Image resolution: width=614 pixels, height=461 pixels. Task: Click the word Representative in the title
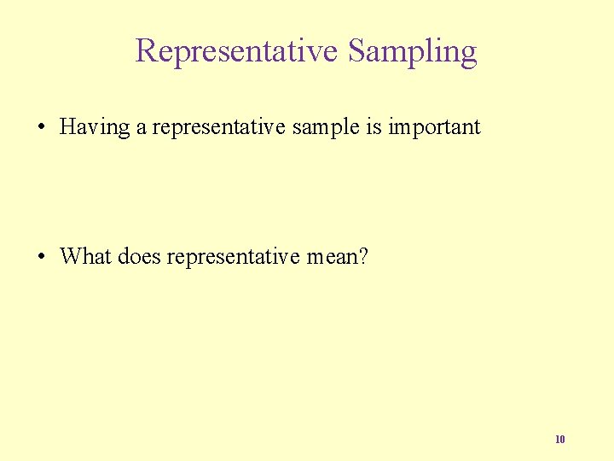(x=236, y=51)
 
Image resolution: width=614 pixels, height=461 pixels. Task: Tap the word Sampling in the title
(x=412, y=51)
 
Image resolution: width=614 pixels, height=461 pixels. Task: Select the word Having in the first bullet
(x=94, y=128)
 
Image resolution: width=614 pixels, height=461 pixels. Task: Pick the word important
(x=434, y=128)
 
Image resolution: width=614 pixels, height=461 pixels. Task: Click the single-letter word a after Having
(x=141, y=128)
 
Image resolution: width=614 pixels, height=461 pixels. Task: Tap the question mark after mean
(x=363, y=256)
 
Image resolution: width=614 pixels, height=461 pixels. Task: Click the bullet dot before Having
(x=41, y=128)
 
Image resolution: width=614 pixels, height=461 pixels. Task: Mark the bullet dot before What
(x=41, y=256)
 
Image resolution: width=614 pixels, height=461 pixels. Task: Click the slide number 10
(x=559, y=440)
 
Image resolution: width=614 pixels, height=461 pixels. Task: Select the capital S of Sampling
(x=357, y=51)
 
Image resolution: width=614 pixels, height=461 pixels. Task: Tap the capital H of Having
(x=69, y=127)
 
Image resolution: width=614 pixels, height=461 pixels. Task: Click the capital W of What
(x=70, y=256)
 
